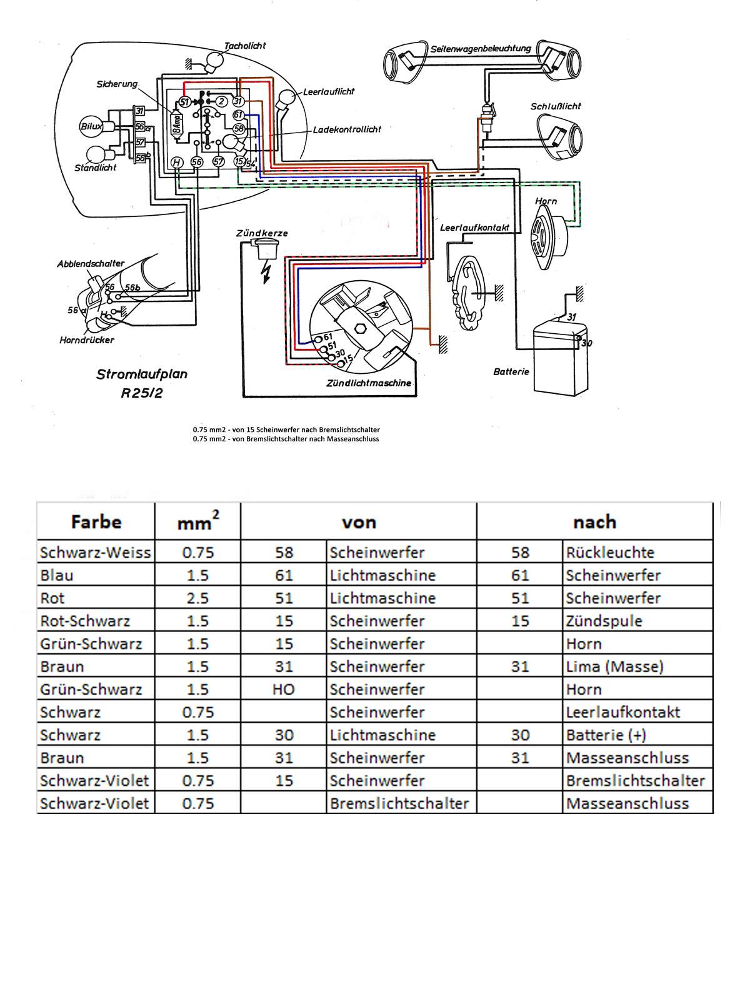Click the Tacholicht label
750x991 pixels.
click(245, 46)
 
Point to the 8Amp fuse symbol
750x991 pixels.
click(176, 122)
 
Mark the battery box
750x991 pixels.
click(561, 358)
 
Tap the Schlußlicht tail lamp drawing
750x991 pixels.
click(559, 136)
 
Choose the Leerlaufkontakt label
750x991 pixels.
click(475, 228)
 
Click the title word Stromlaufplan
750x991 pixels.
click(142, 375)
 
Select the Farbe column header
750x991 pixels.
click(96, 522)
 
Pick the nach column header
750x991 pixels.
click(595, 522)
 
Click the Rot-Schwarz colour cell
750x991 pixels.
click(85, 621)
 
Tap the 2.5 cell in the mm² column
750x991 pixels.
click(197, 598)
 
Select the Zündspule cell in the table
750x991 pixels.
click(604, 621)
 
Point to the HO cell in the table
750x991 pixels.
click(283, 690)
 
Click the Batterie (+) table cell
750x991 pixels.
click(606, 735)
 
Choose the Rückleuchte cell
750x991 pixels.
click(610, 552)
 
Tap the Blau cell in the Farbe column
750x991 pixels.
click(57, 575)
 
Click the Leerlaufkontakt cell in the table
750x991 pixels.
click(622, 712)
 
